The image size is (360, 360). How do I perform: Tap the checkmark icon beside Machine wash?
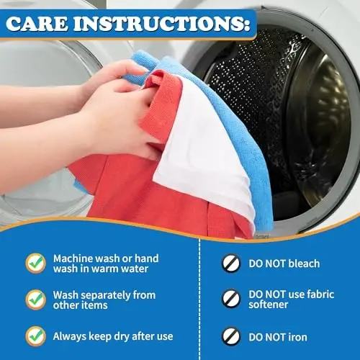point(35,264)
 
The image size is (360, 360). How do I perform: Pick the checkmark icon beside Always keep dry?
point(35,336)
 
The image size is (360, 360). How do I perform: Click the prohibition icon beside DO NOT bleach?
point(230,264)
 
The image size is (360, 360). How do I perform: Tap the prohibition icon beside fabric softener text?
point(230,299)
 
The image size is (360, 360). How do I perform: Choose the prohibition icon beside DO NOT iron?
point(230,335)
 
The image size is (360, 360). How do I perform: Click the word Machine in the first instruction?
point(75,258)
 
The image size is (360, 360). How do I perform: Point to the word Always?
point(70,336)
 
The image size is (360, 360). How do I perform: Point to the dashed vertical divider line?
point(199,302)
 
